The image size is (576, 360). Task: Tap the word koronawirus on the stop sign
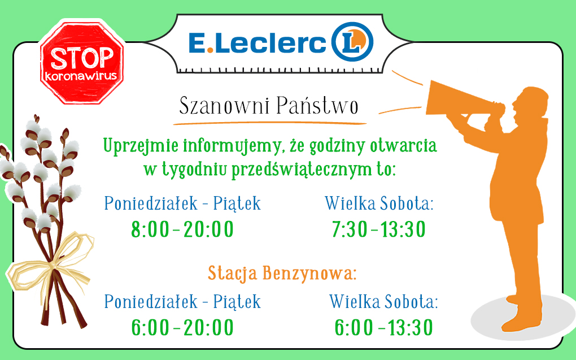[81, 76]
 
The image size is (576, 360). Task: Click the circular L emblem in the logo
[352, 42]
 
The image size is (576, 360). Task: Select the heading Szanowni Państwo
[269, 106]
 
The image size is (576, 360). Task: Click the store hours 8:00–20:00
[182, 229]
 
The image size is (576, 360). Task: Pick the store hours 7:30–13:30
[379, 229]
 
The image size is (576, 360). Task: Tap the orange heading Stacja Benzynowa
[282, 273]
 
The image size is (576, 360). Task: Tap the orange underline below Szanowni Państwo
[270, 123]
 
